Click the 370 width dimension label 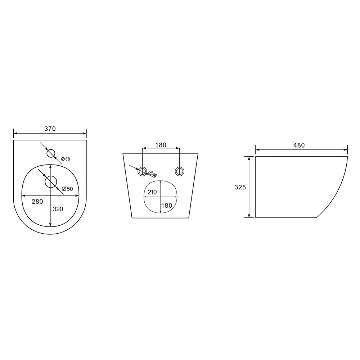click(50, 129)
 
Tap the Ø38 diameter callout click(66, 159)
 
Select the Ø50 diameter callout click(67, 189)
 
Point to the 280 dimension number click(37, 202)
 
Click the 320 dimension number click(58, 209)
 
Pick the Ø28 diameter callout click(153, 174)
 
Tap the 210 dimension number click(152, 192)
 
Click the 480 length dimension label click(299, 145)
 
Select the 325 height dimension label click(240, 187)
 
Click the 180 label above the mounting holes click(161, 145)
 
